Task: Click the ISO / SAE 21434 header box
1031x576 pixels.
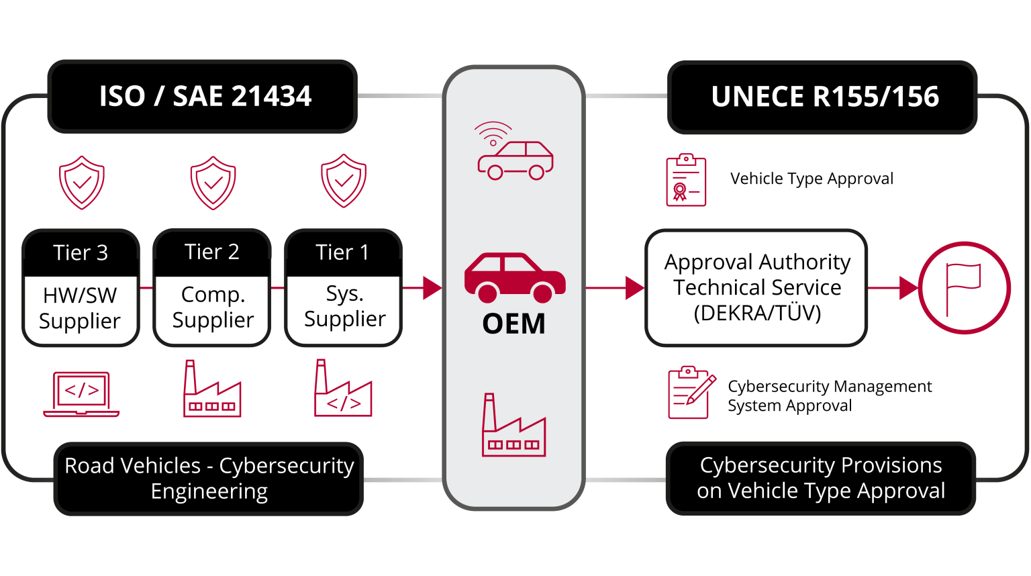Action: tap(202, 97)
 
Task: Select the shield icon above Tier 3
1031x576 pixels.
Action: tap(82, 183)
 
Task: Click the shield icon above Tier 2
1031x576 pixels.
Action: tap(213, 183)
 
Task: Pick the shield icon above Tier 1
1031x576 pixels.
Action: tap(344, 181)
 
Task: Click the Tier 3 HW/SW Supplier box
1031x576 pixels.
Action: tap(81, 288)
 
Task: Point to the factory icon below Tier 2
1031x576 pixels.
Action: tap(212, 389)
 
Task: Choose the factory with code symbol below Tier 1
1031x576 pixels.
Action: tap(343, 389)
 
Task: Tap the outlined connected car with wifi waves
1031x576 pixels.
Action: tap(513, 152)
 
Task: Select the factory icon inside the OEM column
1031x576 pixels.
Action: tap(513, 426)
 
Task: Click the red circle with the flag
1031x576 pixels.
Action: tap(964, 288)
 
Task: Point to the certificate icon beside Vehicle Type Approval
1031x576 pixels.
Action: tap(686, 180)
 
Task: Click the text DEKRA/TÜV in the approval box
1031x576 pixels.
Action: tap(757, 314)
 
